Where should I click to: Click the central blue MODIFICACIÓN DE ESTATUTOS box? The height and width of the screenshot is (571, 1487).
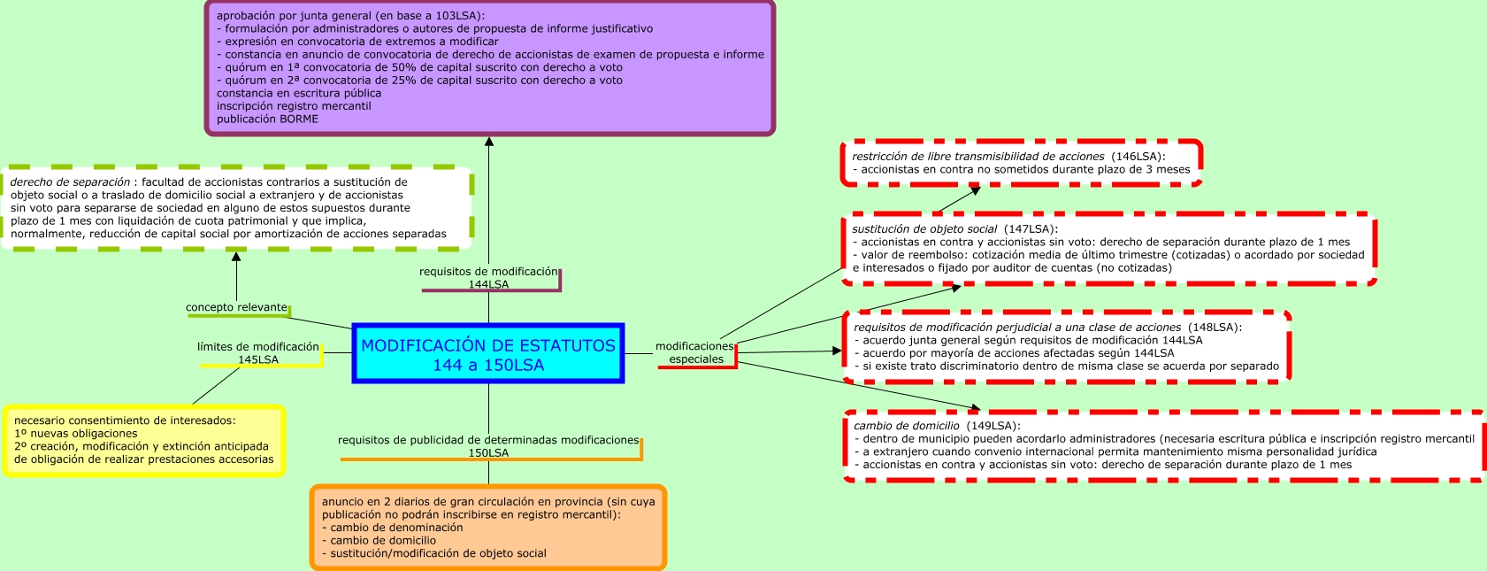[488, 354]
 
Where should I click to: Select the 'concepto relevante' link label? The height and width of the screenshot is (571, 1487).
[236, 307]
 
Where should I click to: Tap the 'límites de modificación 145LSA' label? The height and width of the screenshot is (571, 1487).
[257, 353]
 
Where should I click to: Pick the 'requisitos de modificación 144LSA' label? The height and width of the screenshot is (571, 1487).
[488, 278]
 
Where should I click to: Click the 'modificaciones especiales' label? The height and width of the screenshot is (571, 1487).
[695, 352]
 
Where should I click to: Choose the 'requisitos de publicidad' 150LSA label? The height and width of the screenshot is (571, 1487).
[488, 446]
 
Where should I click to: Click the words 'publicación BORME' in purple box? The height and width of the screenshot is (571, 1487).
[267, 119]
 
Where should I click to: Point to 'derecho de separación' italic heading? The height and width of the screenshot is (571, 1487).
[70, 182]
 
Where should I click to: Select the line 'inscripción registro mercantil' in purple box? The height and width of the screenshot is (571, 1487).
[294, 106]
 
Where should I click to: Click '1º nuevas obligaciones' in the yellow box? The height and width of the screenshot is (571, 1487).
[76, 434]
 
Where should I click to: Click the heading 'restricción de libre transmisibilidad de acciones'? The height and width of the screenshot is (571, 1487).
[977, 157]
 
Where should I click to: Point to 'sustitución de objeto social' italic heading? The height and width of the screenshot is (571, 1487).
[924, 229]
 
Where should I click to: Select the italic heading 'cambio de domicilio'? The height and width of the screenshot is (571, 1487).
[906, 426]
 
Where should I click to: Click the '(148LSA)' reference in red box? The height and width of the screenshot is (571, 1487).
[1214, 328]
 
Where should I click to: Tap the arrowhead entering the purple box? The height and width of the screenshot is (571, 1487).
[489, 142]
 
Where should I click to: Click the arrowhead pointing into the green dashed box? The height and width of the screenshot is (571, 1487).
[236, 257]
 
